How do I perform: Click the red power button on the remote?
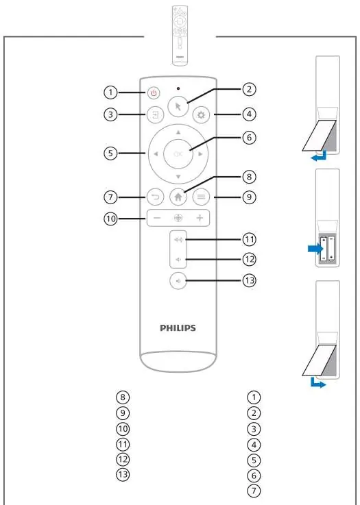pos(154,93)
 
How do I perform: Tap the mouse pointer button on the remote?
pos(178,108)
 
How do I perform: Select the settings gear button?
pos(201,115)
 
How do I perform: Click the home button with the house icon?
pos(178,197)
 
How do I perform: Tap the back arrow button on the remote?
pos(156,197)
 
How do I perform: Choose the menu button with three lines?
pos(201,197)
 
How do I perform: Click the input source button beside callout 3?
pos(156,115)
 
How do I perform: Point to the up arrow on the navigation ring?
pos(178,132)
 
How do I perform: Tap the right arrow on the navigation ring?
pos(201,154)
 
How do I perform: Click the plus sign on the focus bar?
pos(200,218)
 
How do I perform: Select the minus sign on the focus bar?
pos(157,218)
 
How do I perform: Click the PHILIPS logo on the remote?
pos(178,328)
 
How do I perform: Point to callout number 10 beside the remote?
pos(110,219)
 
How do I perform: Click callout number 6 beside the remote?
pos(249,138)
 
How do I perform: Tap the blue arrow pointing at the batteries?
pos(315,249)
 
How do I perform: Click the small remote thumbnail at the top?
pos(180,36)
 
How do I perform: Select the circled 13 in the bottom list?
pos(123,474)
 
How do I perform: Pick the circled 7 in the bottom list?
pos(254,491)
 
